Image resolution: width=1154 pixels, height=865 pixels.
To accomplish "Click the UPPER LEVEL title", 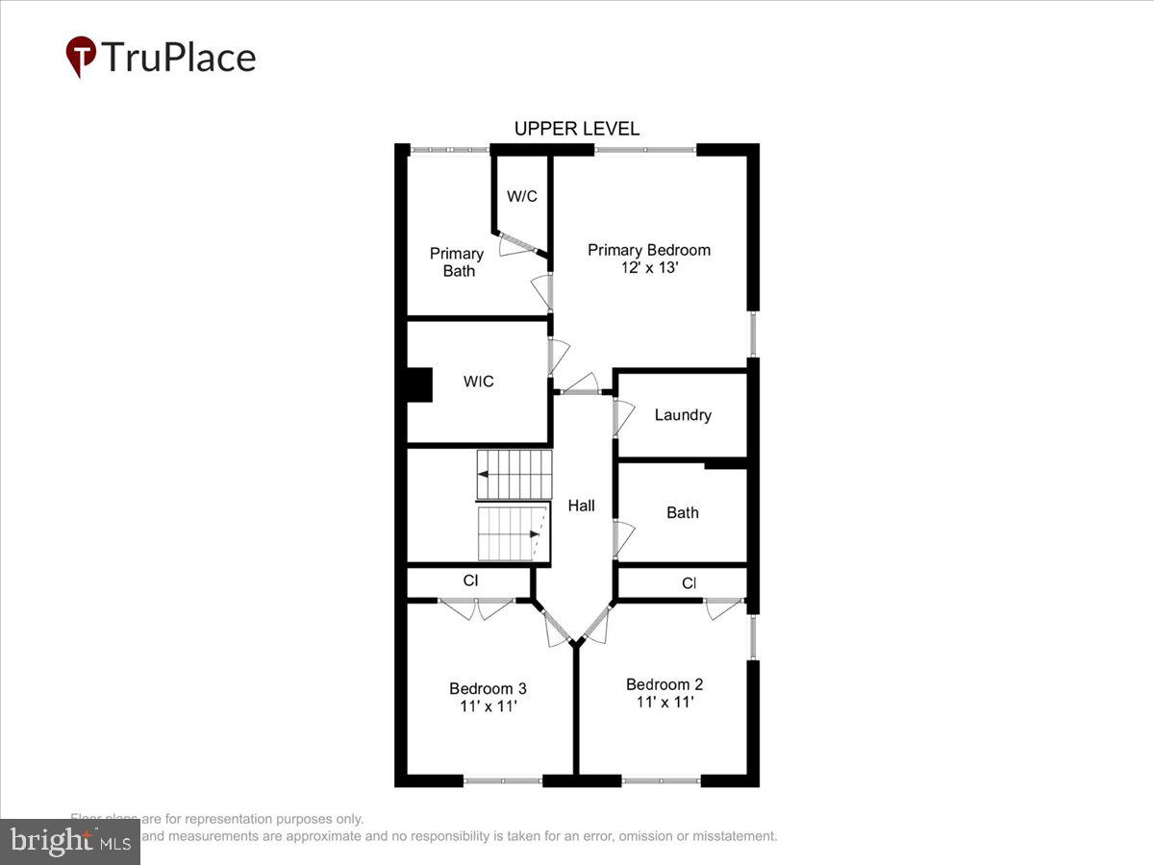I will pos(576,129).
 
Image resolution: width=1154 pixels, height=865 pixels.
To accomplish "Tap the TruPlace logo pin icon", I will pos(81,57).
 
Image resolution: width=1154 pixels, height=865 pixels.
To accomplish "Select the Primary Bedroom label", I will pos(649,250).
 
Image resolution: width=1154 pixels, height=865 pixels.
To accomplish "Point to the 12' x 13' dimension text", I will pos(649,268).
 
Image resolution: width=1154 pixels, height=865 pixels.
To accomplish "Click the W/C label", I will pos(522,196).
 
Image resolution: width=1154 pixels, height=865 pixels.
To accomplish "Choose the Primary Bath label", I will pos(457,262).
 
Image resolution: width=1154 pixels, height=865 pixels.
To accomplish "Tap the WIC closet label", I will pos(478,382).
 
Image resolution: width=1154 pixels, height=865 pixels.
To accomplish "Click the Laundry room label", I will pos(683,415).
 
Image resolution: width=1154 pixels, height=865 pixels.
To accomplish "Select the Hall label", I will pos(581,506).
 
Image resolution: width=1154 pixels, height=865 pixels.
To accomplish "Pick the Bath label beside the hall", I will pos(683,512).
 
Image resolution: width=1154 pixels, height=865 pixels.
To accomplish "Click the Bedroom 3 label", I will pos(488,688).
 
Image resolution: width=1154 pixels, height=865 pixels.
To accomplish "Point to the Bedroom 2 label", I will pos(665,684).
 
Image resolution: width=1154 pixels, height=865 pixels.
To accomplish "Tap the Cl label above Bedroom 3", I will pos(471,581).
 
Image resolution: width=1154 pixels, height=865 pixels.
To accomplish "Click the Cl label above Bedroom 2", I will pos(690,583).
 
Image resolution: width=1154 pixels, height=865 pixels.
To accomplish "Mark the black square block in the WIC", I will pos(420,385).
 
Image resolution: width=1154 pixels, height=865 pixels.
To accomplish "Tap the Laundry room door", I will pos(622,417).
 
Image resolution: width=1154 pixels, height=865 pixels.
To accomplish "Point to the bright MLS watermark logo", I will pos(68,842).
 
